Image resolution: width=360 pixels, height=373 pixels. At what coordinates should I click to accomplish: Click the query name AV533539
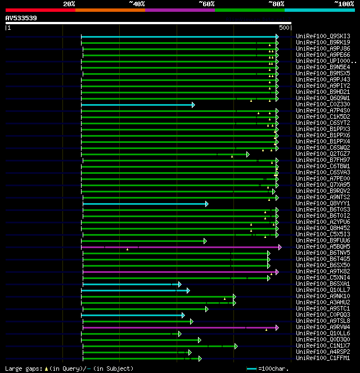coord(21,18)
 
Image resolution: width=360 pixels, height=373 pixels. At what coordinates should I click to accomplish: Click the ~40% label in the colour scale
coord(137,4)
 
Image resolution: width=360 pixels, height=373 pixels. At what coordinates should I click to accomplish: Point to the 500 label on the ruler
coord(284,28)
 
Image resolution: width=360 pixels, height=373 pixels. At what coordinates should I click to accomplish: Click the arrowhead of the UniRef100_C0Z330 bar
coord(193,105)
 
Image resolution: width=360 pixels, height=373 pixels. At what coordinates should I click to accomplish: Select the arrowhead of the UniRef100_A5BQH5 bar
coord(280,247)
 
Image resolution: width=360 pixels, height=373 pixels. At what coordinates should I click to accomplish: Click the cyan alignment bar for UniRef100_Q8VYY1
coord(143,204)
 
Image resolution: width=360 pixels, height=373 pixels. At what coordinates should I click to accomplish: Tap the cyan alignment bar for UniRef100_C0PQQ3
coord(132,315)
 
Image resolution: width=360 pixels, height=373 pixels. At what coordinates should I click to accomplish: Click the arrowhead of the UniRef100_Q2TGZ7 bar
coord(247,154)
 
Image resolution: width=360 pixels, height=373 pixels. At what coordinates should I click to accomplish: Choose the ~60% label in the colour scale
coord(206,4)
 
